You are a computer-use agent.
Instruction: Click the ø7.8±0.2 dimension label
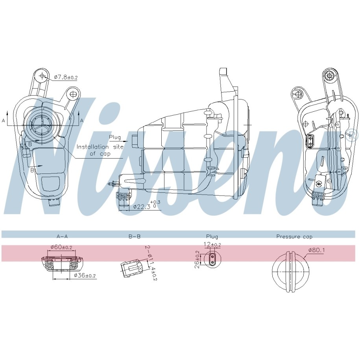(x=66, y=78)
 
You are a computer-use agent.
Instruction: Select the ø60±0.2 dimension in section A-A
(x=61, y=247)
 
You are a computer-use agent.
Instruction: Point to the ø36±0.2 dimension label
(x=85, y=275)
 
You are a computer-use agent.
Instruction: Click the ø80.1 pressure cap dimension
(x=317, y=250)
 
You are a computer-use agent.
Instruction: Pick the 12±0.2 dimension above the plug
(x=212, y=245)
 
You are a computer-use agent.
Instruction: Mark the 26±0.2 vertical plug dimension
(x=197, y=259)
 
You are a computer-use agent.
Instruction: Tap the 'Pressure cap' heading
(x=294, y=236)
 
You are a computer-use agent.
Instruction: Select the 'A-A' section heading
(x=62, y=236)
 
